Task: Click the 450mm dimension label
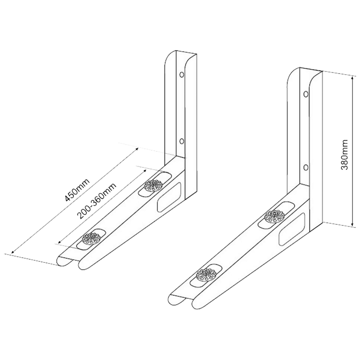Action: click(77, 190)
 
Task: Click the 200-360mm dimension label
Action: click(96, 201)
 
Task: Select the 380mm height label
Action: click(345, 154)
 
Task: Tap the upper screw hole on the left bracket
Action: click(181, 75)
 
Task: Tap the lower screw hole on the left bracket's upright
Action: click(181, 141)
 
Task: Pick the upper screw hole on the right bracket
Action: click(306, 94)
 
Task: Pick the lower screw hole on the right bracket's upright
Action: click(306, 168)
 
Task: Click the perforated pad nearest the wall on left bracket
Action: click(154, 185)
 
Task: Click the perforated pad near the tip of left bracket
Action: click(91, 239)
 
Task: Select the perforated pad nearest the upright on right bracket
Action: click(275, 216)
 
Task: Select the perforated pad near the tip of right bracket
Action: click(206, 275)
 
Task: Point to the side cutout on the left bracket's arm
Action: click(169, 197)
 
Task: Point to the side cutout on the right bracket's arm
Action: click(292, 229)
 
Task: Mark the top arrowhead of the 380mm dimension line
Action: click(352, 78)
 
